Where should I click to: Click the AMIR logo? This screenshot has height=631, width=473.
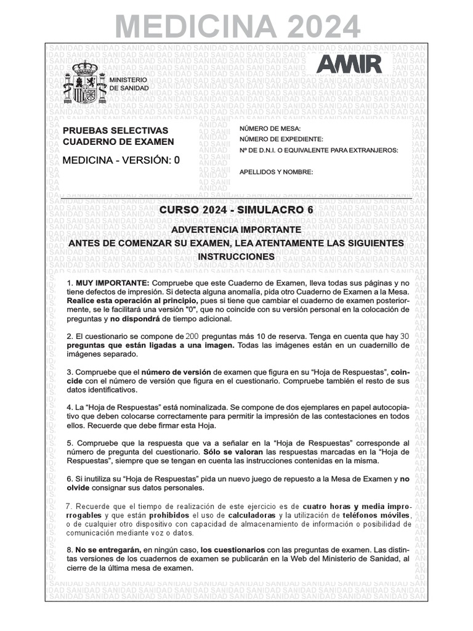tap(349, 64)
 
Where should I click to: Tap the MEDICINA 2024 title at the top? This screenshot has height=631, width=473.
tap(237, 26)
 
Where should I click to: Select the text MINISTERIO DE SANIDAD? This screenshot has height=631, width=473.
tap(128, 84)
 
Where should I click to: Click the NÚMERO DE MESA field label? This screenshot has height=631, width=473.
tap(270, 128)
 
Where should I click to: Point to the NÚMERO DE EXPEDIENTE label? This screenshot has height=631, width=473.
tap(281, 139)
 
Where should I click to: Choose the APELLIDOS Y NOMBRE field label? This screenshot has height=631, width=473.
tap(277, 172)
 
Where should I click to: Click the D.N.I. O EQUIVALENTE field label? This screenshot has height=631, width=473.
tap(318, 150)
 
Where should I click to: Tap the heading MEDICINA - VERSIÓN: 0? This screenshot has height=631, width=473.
tap(121, 160)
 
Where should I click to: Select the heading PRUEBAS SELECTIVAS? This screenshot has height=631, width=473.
tap(115, 131)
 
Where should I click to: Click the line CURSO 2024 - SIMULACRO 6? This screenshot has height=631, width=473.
tap(236, 210)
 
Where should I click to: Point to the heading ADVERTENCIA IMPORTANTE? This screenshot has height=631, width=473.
tap(236, 229)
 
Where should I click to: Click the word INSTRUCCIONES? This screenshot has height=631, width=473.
tap(236, 256)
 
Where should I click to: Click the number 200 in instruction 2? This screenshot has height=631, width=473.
tap(192, 336)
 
